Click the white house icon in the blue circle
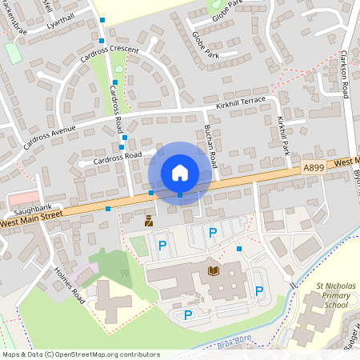click(180, 172)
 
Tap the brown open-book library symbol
click(213, 272)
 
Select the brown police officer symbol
click(148, 222)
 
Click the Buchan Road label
click(210, 145)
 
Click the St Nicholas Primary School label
click(331, 295)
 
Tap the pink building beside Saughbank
click(22, 197)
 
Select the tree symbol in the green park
click(124, 272)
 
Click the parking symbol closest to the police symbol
click(162, 244)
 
